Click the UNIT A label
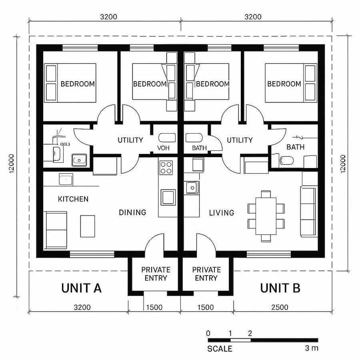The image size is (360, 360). pos(81,288)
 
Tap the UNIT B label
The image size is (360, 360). pos(280,288)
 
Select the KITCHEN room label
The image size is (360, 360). pos(73,199)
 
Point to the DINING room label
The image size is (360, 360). pos(132,212)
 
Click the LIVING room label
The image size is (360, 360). pos(222,212)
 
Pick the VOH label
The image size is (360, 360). pos(164,148)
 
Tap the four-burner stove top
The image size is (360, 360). pos(166,167)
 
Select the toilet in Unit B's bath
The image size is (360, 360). pos(286,161)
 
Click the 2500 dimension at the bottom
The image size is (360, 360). pos(280,307)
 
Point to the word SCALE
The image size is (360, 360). pos(220,349)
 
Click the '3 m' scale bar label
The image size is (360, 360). pos(311,348)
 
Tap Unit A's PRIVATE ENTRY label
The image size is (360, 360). pos(156,274)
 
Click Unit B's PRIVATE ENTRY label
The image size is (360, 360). pos(206,274)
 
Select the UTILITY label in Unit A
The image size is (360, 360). pos(130,140)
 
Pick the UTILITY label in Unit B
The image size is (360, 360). pos(240,140)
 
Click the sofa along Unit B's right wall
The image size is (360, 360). pos(308,211)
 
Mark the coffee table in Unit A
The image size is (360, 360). pos(88,226)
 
